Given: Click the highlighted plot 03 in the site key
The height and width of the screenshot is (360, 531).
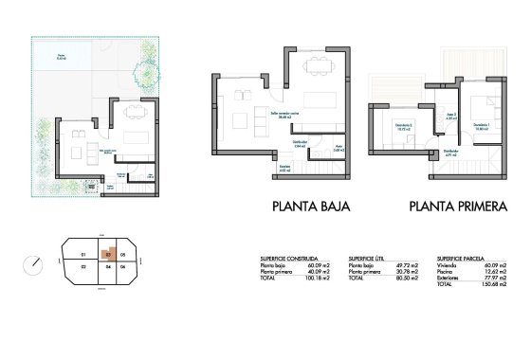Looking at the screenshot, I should point(110,254).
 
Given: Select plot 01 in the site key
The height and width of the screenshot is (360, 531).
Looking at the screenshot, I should point(83,255).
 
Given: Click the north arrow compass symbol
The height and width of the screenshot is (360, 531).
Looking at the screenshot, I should point(36,262).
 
